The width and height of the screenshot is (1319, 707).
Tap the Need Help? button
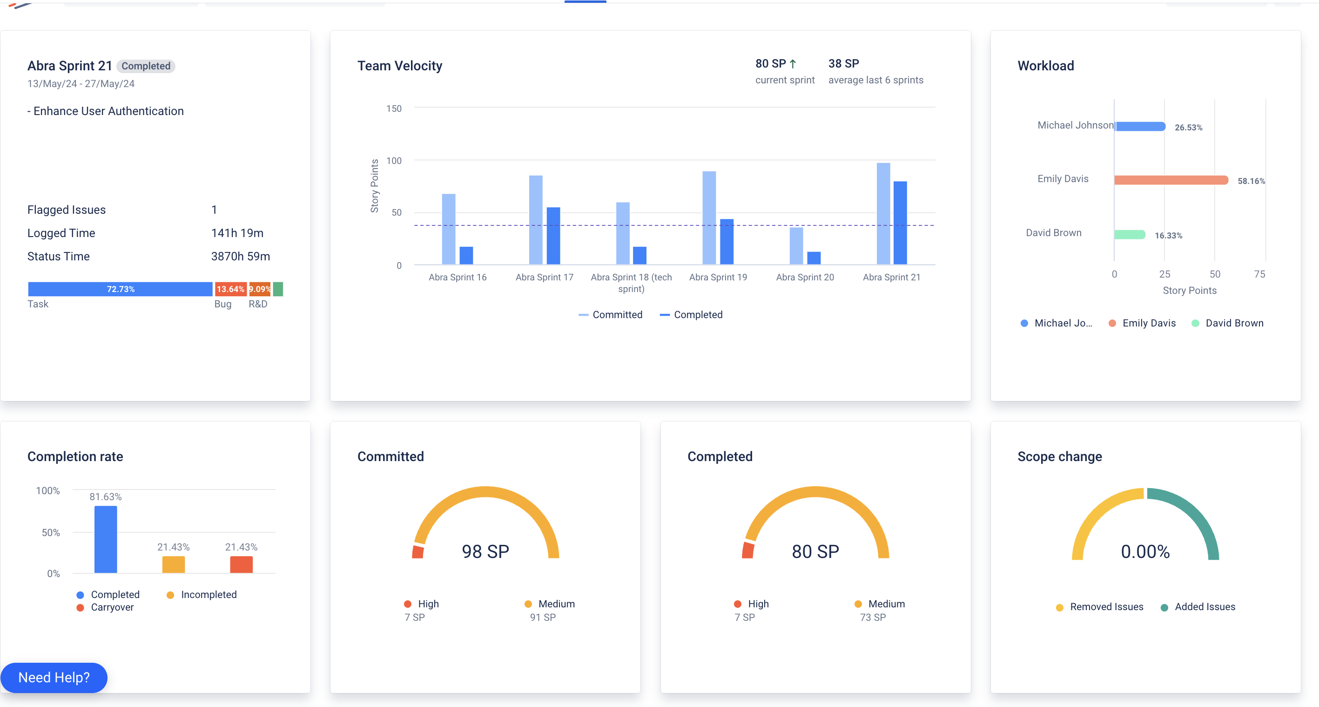(54, 677)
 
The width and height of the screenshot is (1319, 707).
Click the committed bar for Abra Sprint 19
(709, 218)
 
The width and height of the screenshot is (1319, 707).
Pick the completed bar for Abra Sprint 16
(466, 255)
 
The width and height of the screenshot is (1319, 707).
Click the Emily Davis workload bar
(1171, 180)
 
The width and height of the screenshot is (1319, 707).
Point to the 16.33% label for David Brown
(1168, 236)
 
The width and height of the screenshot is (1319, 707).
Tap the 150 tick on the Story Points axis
(394, 109)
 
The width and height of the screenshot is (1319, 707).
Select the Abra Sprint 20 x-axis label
(804, 277)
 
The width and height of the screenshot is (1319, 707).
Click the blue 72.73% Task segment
(121, 289)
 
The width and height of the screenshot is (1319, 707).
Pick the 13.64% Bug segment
(230, 289)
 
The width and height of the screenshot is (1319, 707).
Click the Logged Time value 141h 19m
(237, 233)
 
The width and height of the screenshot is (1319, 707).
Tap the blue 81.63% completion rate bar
(106, 539)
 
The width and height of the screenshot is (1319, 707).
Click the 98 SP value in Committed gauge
(485, 551)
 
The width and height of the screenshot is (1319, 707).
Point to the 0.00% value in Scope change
(1145, 551)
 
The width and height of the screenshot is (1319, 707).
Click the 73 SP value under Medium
(873, 618)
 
